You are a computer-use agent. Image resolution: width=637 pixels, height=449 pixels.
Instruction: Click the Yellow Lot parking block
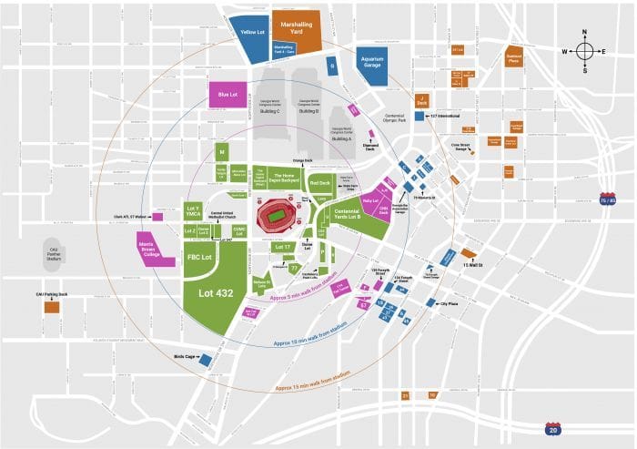click(x=250, y=31)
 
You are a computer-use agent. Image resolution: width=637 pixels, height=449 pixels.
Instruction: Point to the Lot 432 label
click(x=216, y=293)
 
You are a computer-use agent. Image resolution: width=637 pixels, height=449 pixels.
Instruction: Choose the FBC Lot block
click(x=200, y=258)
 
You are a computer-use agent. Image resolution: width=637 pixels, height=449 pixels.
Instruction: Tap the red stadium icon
click(x=276, y=216)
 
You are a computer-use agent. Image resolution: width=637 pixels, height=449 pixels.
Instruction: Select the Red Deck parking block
click(x=320, y=183)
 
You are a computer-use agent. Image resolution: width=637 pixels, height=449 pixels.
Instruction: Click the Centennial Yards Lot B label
click(x=348, y=216)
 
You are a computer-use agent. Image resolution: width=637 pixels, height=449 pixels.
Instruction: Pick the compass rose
click(x=584, y=51)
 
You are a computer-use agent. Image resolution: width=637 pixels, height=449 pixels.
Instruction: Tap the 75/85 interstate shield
click(x=607, y=199)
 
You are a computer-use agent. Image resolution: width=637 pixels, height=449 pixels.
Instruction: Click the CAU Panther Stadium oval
click(x=56, y=250)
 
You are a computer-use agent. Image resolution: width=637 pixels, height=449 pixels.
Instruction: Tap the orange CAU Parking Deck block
click(x=51, y=307)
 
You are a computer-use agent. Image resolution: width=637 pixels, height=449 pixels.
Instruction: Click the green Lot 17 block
click(x=282, y=247)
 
